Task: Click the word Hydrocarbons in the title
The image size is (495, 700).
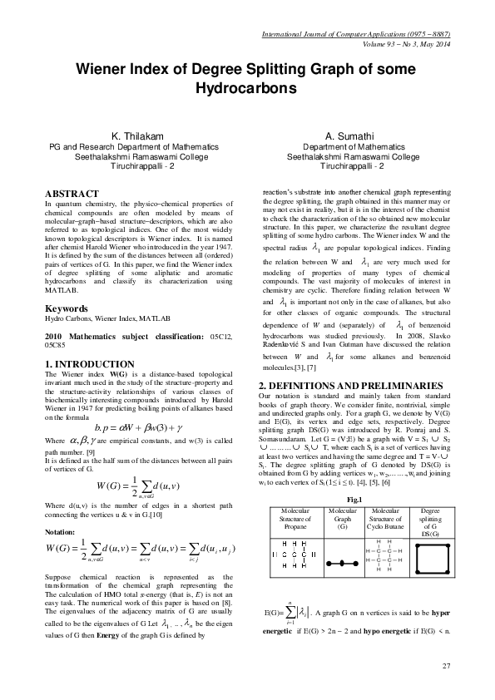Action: coord(247,87)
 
